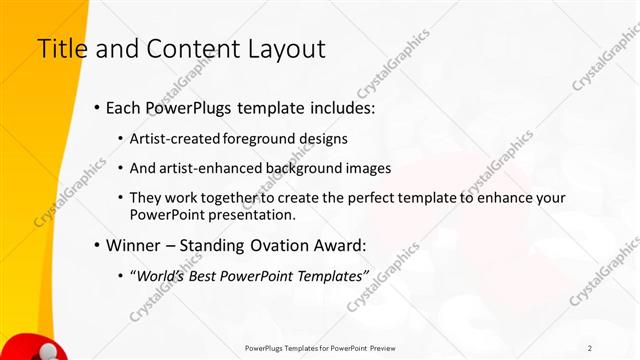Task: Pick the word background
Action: click(300, 168)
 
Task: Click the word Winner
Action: click(134, 245)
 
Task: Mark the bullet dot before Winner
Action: click(96, 246)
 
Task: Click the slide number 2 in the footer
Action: click(590, 347)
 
